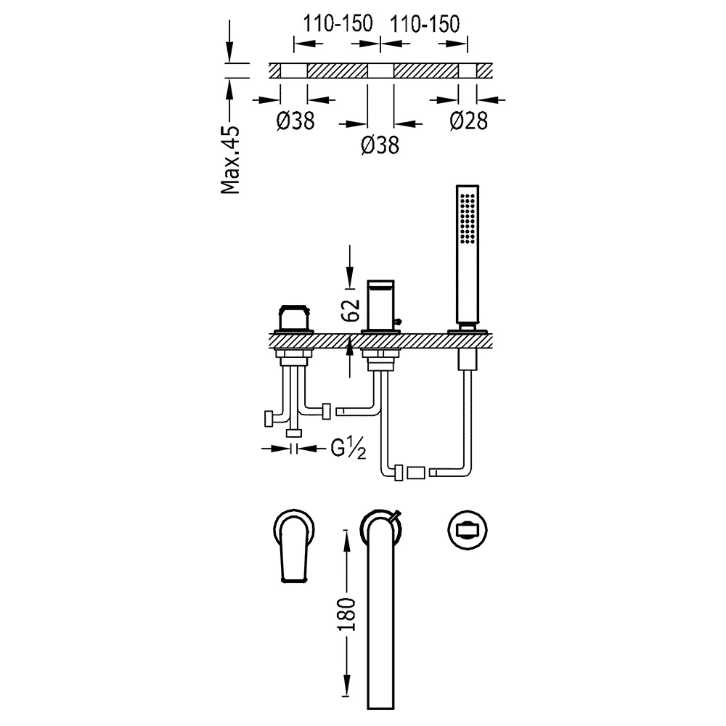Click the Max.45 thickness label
pos(230,159)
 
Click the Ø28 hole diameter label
pos(468,121)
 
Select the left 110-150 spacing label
pos(338,23)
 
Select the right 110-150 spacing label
pos(425,23)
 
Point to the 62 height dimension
pos(351,310)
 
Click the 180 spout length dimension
pos(347,614)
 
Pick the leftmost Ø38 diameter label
pos(295,121)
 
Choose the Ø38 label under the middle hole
pos(380,145)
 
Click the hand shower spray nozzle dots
pos(467,218)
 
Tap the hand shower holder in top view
pos(468,530)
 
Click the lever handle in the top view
pos(294,549)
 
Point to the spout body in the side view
pos(380,305)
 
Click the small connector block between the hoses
pos(416,473)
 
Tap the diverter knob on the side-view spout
pos(398,322)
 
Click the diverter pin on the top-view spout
pos(396,516)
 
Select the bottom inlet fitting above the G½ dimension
pos(294,433)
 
